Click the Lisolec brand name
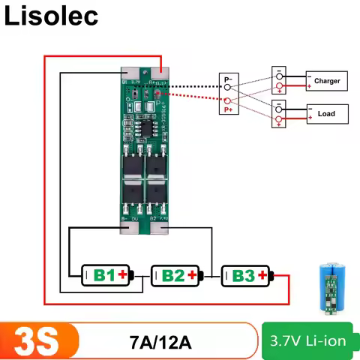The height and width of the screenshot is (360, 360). pos(52,16)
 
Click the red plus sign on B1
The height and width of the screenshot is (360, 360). pos(123,276)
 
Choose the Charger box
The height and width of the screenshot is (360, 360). pos(327,81)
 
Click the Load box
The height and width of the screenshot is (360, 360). pos(327,114)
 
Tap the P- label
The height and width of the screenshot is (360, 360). pos(228,79)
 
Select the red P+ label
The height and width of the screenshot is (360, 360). pos(228,109)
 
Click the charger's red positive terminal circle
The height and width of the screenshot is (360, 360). pos(279,87)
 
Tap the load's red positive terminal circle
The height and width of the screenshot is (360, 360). pos(279,120)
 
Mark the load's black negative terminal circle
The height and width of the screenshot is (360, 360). pos(279,108)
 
